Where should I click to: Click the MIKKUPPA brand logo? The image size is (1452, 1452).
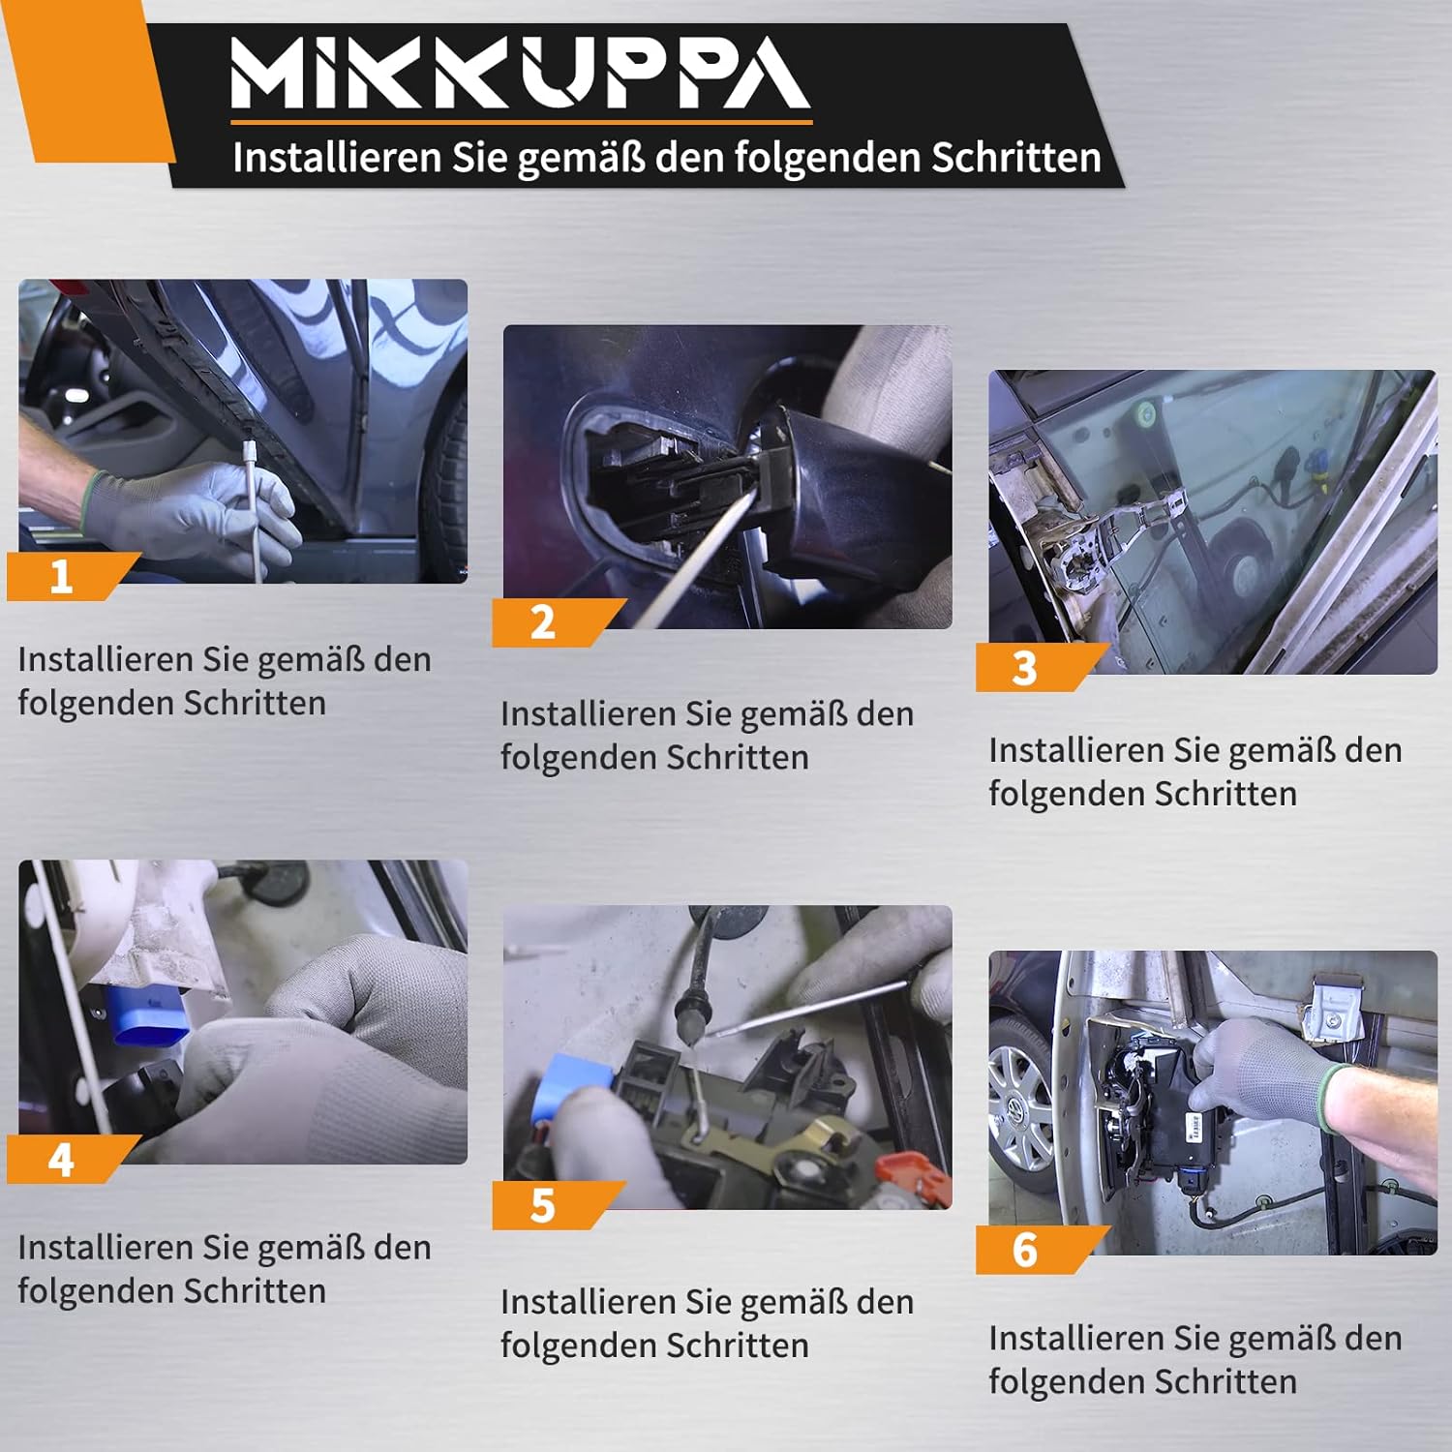coord(521,74)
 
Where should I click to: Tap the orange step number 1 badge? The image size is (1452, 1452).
coord(68,577)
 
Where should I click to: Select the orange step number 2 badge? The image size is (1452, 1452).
coord(552,622)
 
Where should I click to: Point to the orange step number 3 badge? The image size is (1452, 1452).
coord(1036,668)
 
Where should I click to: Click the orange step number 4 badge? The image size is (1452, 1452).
coord(68,1159)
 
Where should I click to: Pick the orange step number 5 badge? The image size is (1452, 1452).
coord(552,1205)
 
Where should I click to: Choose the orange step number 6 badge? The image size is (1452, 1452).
coord(1036,1250)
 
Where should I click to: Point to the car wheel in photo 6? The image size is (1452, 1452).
coord(1022,1104)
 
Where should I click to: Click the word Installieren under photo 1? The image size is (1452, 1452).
coord(106,659)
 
